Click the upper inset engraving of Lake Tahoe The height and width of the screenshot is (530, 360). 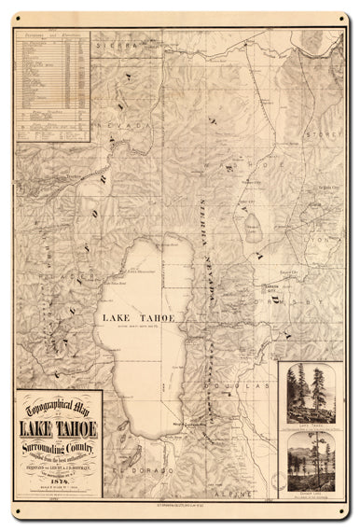pos(312,396)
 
